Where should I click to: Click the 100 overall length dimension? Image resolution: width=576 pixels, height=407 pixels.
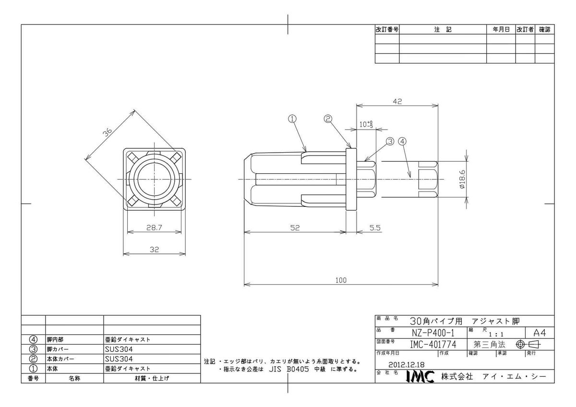341,280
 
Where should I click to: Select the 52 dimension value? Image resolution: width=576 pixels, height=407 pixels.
295,228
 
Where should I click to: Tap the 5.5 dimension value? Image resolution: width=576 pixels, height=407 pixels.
375,228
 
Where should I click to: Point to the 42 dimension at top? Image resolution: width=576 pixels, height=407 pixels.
397,102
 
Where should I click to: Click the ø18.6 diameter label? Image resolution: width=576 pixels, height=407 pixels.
462,179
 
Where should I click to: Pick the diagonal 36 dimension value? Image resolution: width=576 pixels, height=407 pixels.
108,132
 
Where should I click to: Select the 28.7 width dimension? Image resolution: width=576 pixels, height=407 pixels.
154,227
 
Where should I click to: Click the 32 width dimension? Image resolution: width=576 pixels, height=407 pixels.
154,250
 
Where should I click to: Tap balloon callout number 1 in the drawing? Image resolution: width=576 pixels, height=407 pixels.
292,119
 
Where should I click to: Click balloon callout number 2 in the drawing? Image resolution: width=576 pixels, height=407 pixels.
328,119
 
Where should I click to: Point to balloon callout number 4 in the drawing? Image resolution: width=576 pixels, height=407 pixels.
402,142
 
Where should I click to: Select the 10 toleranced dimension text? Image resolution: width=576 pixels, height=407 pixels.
366,124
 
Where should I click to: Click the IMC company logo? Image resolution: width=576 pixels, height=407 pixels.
420,377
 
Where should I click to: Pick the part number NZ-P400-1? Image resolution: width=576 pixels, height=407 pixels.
433,333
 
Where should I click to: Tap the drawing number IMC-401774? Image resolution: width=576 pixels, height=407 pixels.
433,344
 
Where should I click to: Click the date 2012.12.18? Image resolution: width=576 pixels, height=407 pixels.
406,365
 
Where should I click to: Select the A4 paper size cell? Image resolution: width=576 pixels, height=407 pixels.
540,333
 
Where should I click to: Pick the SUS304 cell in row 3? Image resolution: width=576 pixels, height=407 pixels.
119,349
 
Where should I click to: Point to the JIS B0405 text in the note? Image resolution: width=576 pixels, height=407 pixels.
289,370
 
